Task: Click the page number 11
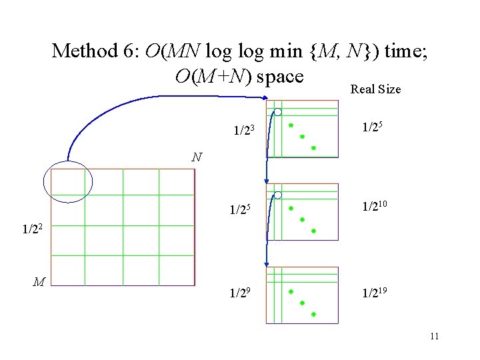pos(434,336)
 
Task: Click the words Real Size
pos(375,89)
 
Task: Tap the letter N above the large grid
pos(196,158)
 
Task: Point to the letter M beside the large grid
pos(39,282)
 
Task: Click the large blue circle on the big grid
pos(68,181)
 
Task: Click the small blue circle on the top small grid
pos(278,111)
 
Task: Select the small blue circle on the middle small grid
pos(278,195)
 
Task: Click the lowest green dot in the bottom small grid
pos(313,313)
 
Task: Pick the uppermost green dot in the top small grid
pos(291,125)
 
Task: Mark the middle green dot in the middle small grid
pos(302,219)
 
